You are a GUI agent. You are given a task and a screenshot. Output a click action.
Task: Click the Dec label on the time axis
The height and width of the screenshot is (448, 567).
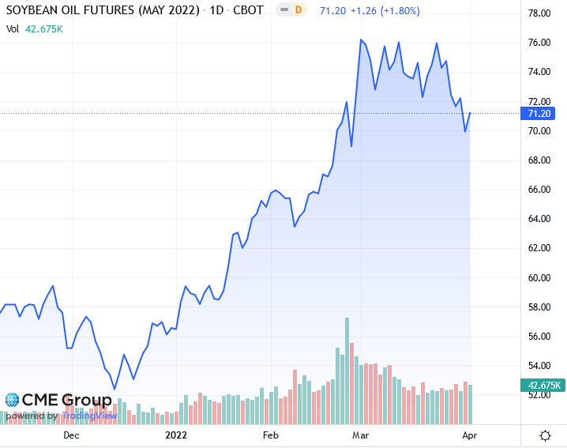pyautogui.click(x=71, y=435)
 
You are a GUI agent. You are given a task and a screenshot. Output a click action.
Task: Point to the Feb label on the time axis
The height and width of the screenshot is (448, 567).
pyautogui.click(x=271, y=435)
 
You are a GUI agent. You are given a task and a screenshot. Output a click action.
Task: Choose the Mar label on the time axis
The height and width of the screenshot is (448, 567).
pyautogui.click(x=361, y=435)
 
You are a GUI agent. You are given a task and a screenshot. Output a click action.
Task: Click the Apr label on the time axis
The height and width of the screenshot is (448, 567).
pyautogui.click(x=467, y=435)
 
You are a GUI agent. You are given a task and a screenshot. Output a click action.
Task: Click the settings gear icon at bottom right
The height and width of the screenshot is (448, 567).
pyautogui.click(x=545, y=435)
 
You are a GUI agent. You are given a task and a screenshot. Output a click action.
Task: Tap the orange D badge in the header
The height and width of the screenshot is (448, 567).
pyautogui.click(x=298, y=10)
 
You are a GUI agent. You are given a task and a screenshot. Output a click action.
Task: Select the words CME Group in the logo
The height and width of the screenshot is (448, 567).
pyautogui.click(x=67, y=400)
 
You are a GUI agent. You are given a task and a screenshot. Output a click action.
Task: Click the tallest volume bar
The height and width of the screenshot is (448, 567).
pyautogui.click(x=347, y=371)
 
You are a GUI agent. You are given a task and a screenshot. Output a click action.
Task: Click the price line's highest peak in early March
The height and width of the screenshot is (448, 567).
pyautogui.click(x=361, y=40)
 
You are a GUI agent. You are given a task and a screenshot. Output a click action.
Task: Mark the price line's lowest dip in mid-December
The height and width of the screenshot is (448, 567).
pyautogui.click(x=115, y=389)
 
